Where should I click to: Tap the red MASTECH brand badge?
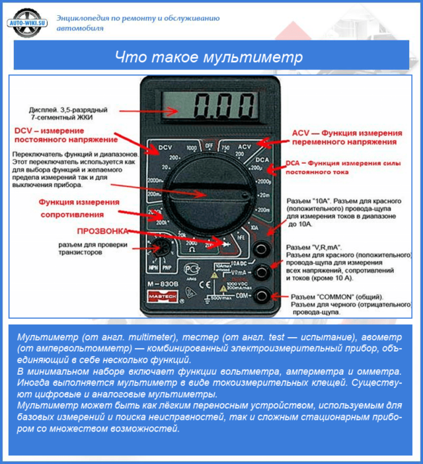click(163, 297)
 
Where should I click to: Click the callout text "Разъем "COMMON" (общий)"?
click(330, 296)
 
